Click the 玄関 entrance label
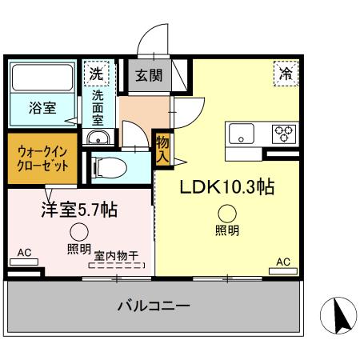tap(147, 76)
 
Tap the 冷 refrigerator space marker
tap(285, 73)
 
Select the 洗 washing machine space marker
tap(96, 72)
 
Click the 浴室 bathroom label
tap(42, 108)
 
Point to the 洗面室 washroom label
tap(97, 107)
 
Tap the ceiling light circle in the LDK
tap(227, 213)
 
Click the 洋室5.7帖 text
tap(79, 210)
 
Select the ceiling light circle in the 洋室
tap(78, 232)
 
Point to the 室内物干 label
tap(118, 255)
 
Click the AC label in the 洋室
tap(24, 254)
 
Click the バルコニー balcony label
tap(153, 306)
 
